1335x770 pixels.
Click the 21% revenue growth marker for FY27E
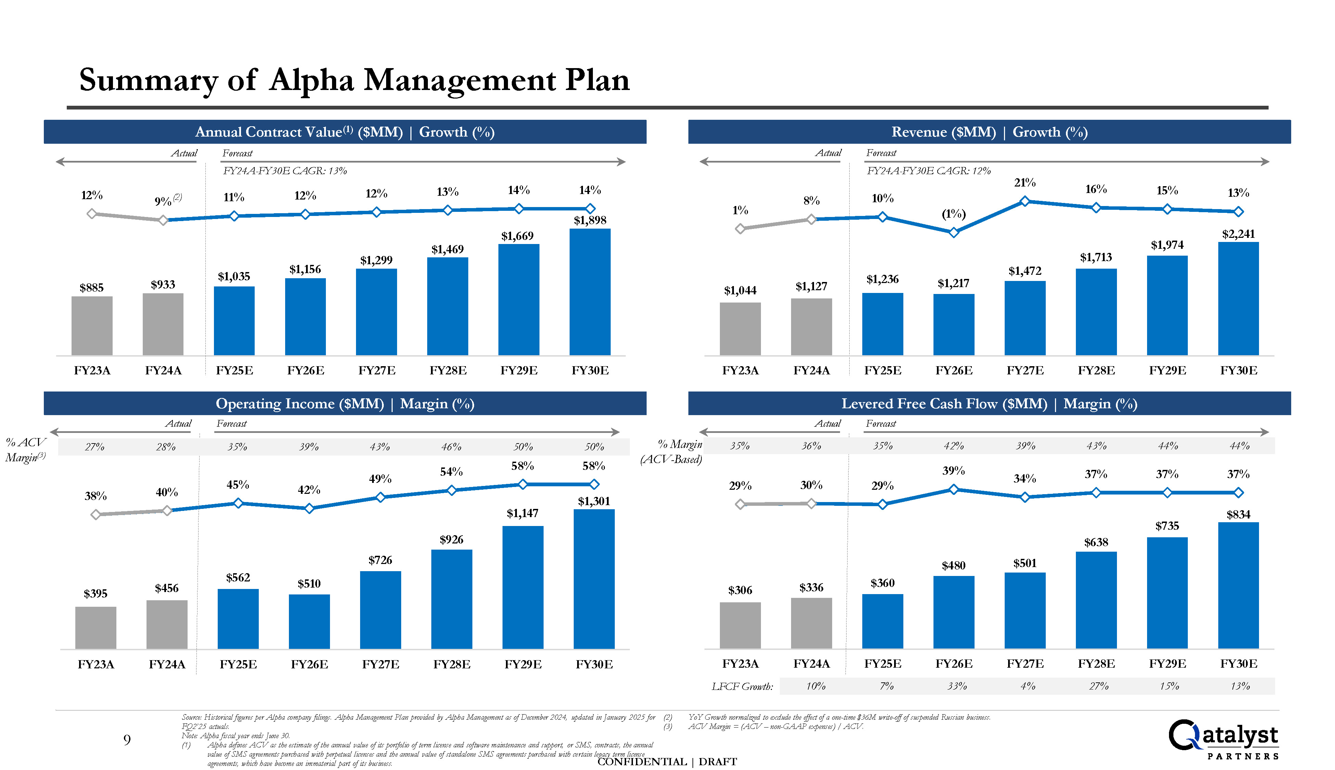pyautogui.click(x=1025, y=201)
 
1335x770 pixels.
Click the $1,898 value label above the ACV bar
pyautogui.click(x=590, y=220)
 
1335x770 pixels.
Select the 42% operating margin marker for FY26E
pyautogui.click(x=309, y=508)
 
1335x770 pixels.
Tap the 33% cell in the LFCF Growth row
pyautogui.click(x=957, y=686)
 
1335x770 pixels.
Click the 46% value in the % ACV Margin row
pyautogui.click(x=451, y=447)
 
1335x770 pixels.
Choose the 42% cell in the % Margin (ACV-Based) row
pyautogui.click(x=954, y=446)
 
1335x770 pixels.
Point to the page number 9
pyautogui.click(x=127, y=740)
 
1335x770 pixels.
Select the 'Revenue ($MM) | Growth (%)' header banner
pyautogui.click(x=989, y=132)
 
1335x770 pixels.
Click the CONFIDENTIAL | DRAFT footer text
pyautogui.click(x=666, y=761)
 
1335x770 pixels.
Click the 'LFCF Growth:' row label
pyautogui.click(x=741, y=686)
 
